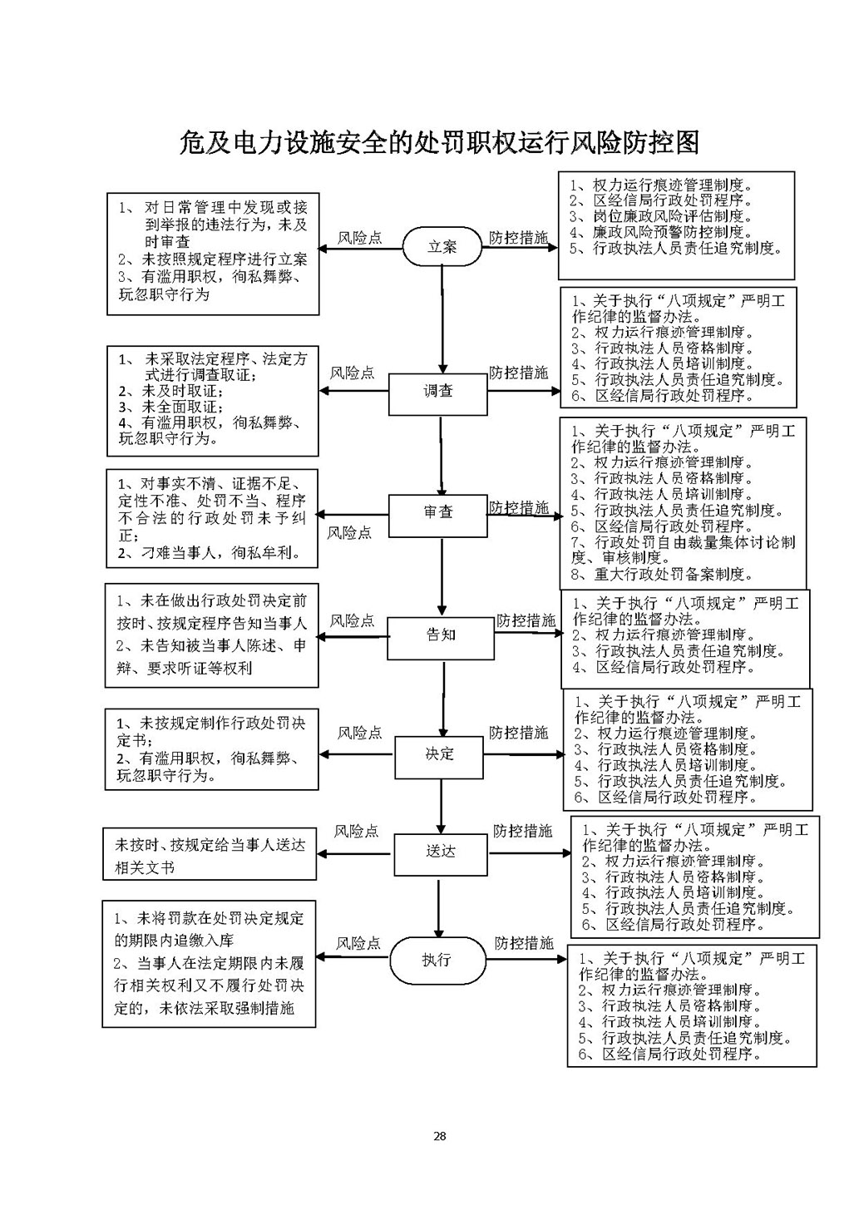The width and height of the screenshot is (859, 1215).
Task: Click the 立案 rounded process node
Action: (442, 247)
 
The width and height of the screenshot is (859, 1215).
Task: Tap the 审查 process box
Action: (438, 513)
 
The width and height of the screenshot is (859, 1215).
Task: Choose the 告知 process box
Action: (441, 636)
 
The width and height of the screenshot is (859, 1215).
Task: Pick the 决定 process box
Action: (440, 755)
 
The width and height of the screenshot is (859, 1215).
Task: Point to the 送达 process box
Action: (440, 852)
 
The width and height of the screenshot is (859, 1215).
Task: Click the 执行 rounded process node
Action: (437, 960)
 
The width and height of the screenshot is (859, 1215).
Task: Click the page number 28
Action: (439, 1136)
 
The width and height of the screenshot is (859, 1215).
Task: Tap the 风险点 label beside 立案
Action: (359, 238)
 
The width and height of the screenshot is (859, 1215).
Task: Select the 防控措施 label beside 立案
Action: (518, 238)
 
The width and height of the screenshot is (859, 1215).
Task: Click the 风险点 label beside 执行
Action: (358, 944)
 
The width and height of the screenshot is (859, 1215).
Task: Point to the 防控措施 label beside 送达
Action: (522, 832)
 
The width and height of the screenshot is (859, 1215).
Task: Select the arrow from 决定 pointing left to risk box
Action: (357, 755)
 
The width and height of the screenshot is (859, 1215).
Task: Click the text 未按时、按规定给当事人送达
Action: (210, 845)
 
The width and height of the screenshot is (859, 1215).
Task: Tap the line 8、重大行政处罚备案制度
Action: (662, 575)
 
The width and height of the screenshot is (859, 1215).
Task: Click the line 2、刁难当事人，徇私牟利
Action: (210, 553)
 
